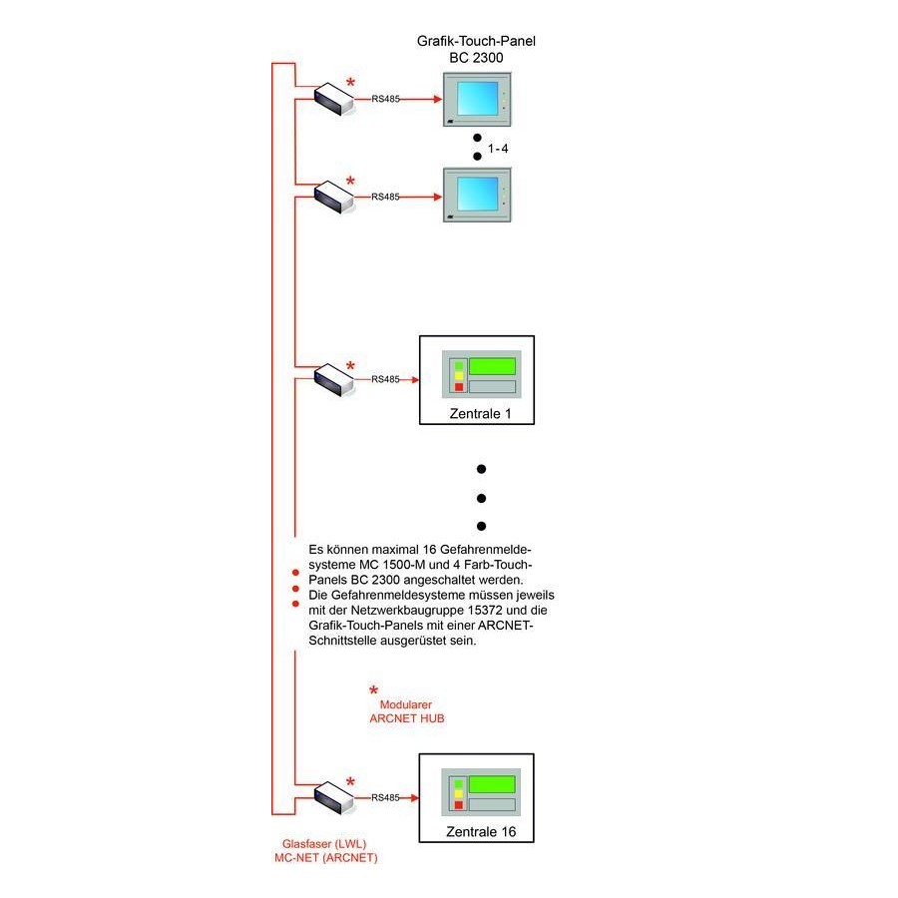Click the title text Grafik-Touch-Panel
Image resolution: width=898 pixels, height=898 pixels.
476,42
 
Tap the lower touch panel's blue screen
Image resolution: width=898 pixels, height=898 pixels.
477,194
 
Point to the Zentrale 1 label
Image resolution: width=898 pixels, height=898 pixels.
477,413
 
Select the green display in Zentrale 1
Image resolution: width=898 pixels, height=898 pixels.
493,365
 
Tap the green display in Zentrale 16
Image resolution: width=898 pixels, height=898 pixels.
493,784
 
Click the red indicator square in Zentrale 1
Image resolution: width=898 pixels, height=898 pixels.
458,387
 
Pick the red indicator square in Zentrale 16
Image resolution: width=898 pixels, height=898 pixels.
458,805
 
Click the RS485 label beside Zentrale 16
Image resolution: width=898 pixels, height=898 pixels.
385,798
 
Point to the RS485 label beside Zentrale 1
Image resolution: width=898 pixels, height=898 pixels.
385,379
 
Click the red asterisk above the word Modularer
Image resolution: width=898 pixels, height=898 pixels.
374,690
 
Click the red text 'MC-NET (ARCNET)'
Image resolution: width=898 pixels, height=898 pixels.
318,858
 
